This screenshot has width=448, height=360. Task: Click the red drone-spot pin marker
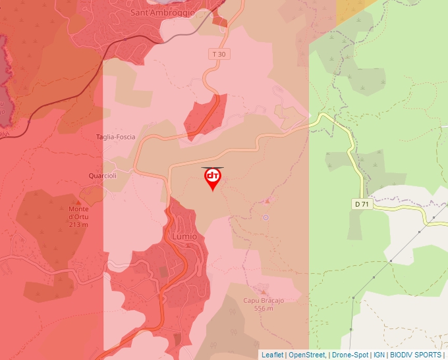pyautogui.click(x=212, y=178)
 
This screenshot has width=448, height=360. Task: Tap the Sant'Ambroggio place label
pyautogui.click(x=162, y=13)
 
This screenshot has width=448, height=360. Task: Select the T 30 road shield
pyautogui.click(x=221, y=54)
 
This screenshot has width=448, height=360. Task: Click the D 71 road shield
pyautogui.click(x=362, y=205)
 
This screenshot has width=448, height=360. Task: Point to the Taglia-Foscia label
pyautogui.click(x=115, y=137)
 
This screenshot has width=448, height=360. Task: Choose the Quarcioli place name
pyautogui.click(x=103, y=176)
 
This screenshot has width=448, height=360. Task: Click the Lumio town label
pyautogui.click(x=184, y=236)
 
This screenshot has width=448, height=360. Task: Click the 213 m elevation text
pyautogui.click(x=78, y=224)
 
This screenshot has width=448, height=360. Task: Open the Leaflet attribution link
pyautogui.click(x=272, y=355)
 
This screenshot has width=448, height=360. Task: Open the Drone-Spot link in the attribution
pyautogui.click(x=350, y=355)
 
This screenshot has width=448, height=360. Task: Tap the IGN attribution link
pyautogui.click(x=379, y=355)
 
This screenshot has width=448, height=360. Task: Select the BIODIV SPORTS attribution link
pyautogui.click(x=415, y=355)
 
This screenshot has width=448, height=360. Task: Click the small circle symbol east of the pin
pyautogui.click(x=266, y=217)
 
